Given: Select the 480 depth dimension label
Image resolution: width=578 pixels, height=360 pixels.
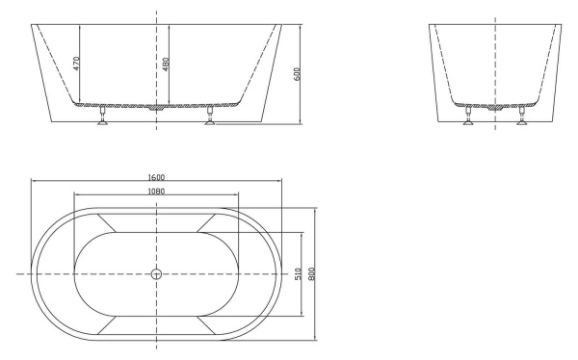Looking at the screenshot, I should [x=165, y=64].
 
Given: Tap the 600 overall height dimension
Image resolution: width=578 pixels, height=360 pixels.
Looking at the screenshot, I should [x=299, y=73].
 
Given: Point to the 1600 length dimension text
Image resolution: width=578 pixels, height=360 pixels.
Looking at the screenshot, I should [x=156, y=177].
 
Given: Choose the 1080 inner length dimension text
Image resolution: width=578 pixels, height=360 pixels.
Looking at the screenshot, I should [x=156, y=192].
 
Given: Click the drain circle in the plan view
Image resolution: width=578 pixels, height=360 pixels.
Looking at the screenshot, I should [x=156, y=274].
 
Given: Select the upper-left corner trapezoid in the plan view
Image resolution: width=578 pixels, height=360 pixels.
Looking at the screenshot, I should [x=104, y=222].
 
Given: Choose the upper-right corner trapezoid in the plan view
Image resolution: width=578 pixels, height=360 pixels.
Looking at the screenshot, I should [x=208, y=222].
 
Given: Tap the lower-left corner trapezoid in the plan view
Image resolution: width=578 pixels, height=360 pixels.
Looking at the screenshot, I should [x=104, y=326].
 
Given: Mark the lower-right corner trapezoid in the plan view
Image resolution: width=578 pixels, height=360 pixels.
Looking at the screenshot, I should [x=208, y=326].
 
